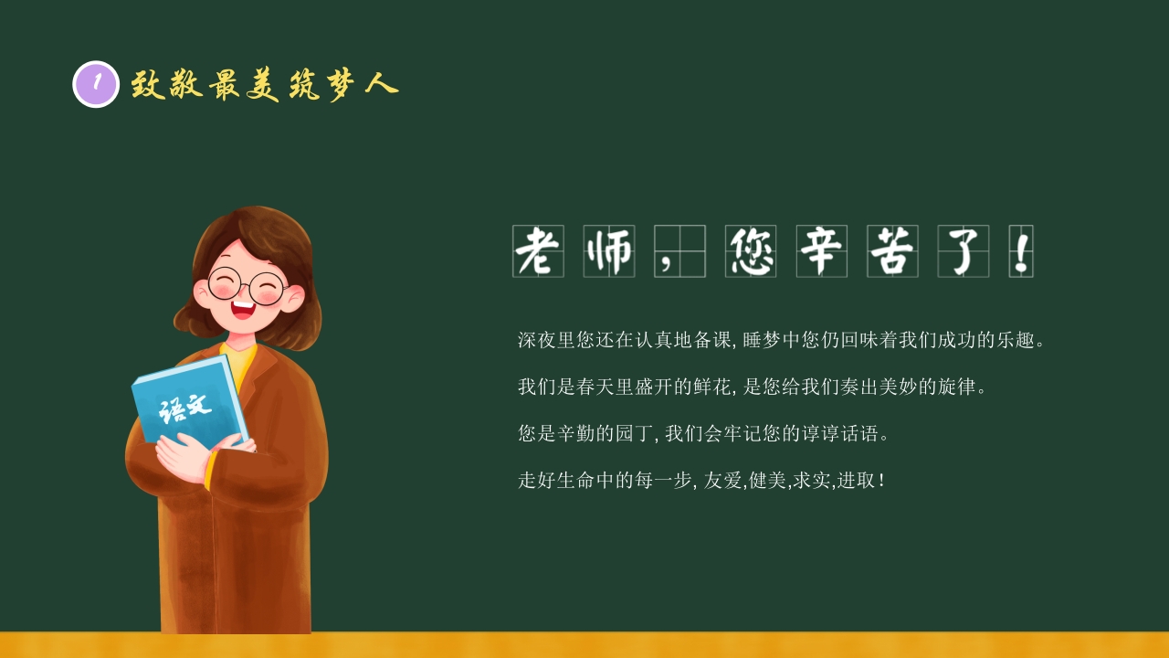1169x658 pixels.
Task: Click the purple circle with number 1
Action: [x=96, y=84]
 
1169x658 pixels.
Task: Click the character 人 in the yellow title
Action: [x=380, y=84]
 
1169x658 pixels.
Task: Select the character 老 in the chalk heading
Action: [x=538, y=251]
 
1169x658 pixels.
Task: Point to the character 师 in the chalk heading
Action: [x=609, y=251]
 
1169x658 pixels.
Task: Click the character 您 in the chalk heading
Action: [x=751, y=251]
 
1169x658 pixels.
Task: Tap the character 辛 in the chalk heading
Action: [x=822, y=251]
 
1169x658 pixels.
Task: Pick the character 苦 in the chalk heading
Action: [x=893, y=251]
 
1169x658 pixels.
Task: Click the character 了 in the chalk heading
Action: [x=964, y=251]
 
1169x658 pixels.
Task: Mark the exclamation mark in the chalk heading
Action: [x=1021, y=251]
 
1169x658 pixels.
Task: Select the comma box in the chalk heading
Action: [x=679, y=251]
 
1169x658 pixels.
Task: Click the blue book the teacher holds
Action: [x=187, y=402]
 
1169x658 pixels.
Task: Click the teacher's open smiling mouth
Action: [x=243, y=308]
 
